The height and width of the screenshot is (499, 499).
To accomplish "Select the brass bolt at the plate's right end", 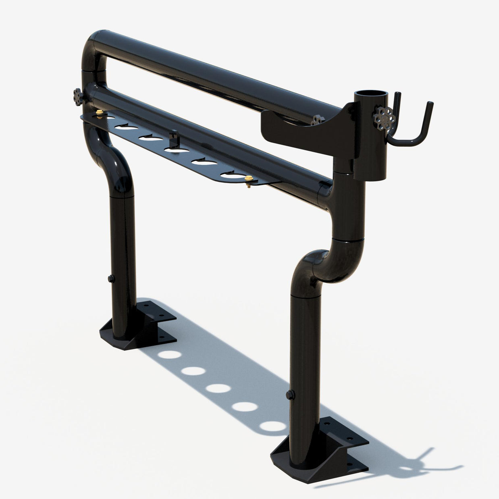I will pos(247,179).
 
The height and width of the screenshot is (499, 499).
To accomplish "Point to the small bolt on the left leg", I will pos(110,278).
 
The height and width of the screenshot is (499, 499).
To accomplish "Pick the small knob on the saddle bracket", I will pos(317,120).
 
